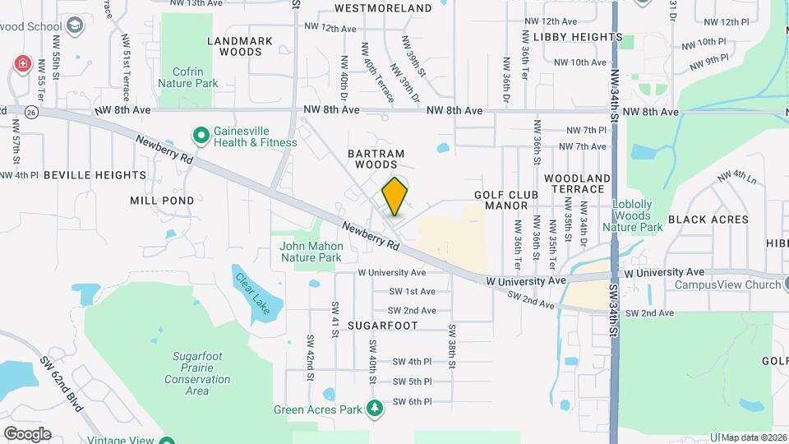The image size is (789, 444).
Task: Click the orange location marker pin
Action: coord(395,196)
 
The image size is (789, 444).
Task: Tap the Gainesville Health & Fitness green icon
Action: coord(200,133)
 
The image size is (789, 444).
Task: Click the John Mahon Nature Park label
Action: coord(311,252)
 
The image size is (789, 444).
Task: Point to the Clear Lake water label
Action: coord(251,293)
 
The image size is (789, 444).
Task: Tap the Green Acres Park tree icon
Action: coord(375,408)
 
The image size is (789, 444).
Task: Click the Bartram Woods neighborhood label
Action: coord(376,159)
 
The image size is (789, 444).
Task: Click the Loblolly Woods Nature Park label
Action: coord(632,215)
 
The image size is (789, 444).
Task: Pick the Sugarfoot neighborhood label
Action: coord(383,326)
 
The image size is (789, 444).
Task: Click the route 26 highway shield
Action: coord(30,111)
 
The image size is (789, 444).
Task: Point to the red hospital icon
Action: coord(22,63)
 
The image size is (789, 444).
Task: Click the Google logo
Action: coord(26,433)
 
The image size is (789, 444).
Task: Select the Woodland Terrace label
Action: coord(577,183)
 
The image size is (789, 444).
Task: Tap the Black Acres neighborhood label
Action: coord(708,220)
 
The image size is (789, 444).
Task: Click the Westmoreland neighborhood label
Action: coord(384,8)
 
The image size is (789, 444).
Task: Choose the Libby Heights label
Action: coord(578,37)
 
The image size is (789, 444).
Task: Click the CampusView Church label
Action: coord(727,285)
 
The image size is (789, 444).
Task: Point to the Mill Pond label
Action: coord(162,200)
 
